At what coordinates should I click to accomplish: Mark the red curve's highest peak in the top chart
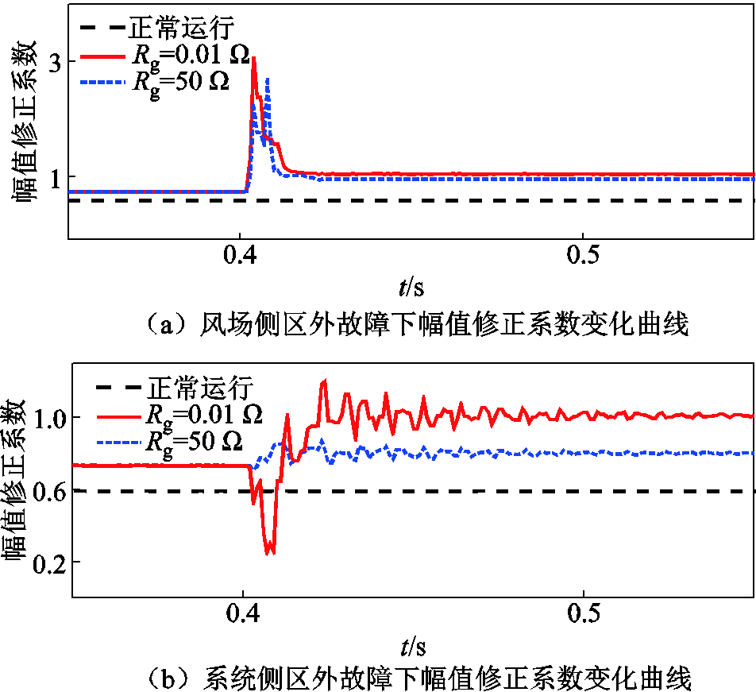pyautogui.click(x=253, y=59)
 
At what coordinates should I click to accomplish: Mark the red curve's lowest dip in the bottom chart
pyautogui.click(x=270, y=551)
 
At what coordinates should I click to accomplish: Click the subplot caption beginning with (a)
pyautogui.click(x=412, y=324)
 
